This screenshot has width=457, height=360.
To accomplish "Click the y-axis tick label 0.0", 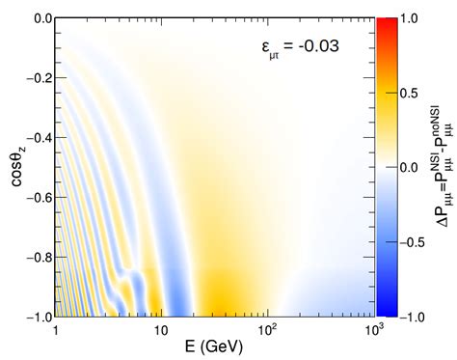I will click(x=37, y=18).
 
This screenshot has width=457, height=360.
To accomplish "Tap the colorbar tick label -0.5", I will click(x=410, y=241).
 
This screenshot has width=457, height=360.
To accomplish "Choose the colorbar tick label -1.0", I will click(x=410, y=316).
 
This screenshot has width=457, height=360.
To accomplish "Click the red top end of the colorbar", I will click(x=385, y=22).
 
